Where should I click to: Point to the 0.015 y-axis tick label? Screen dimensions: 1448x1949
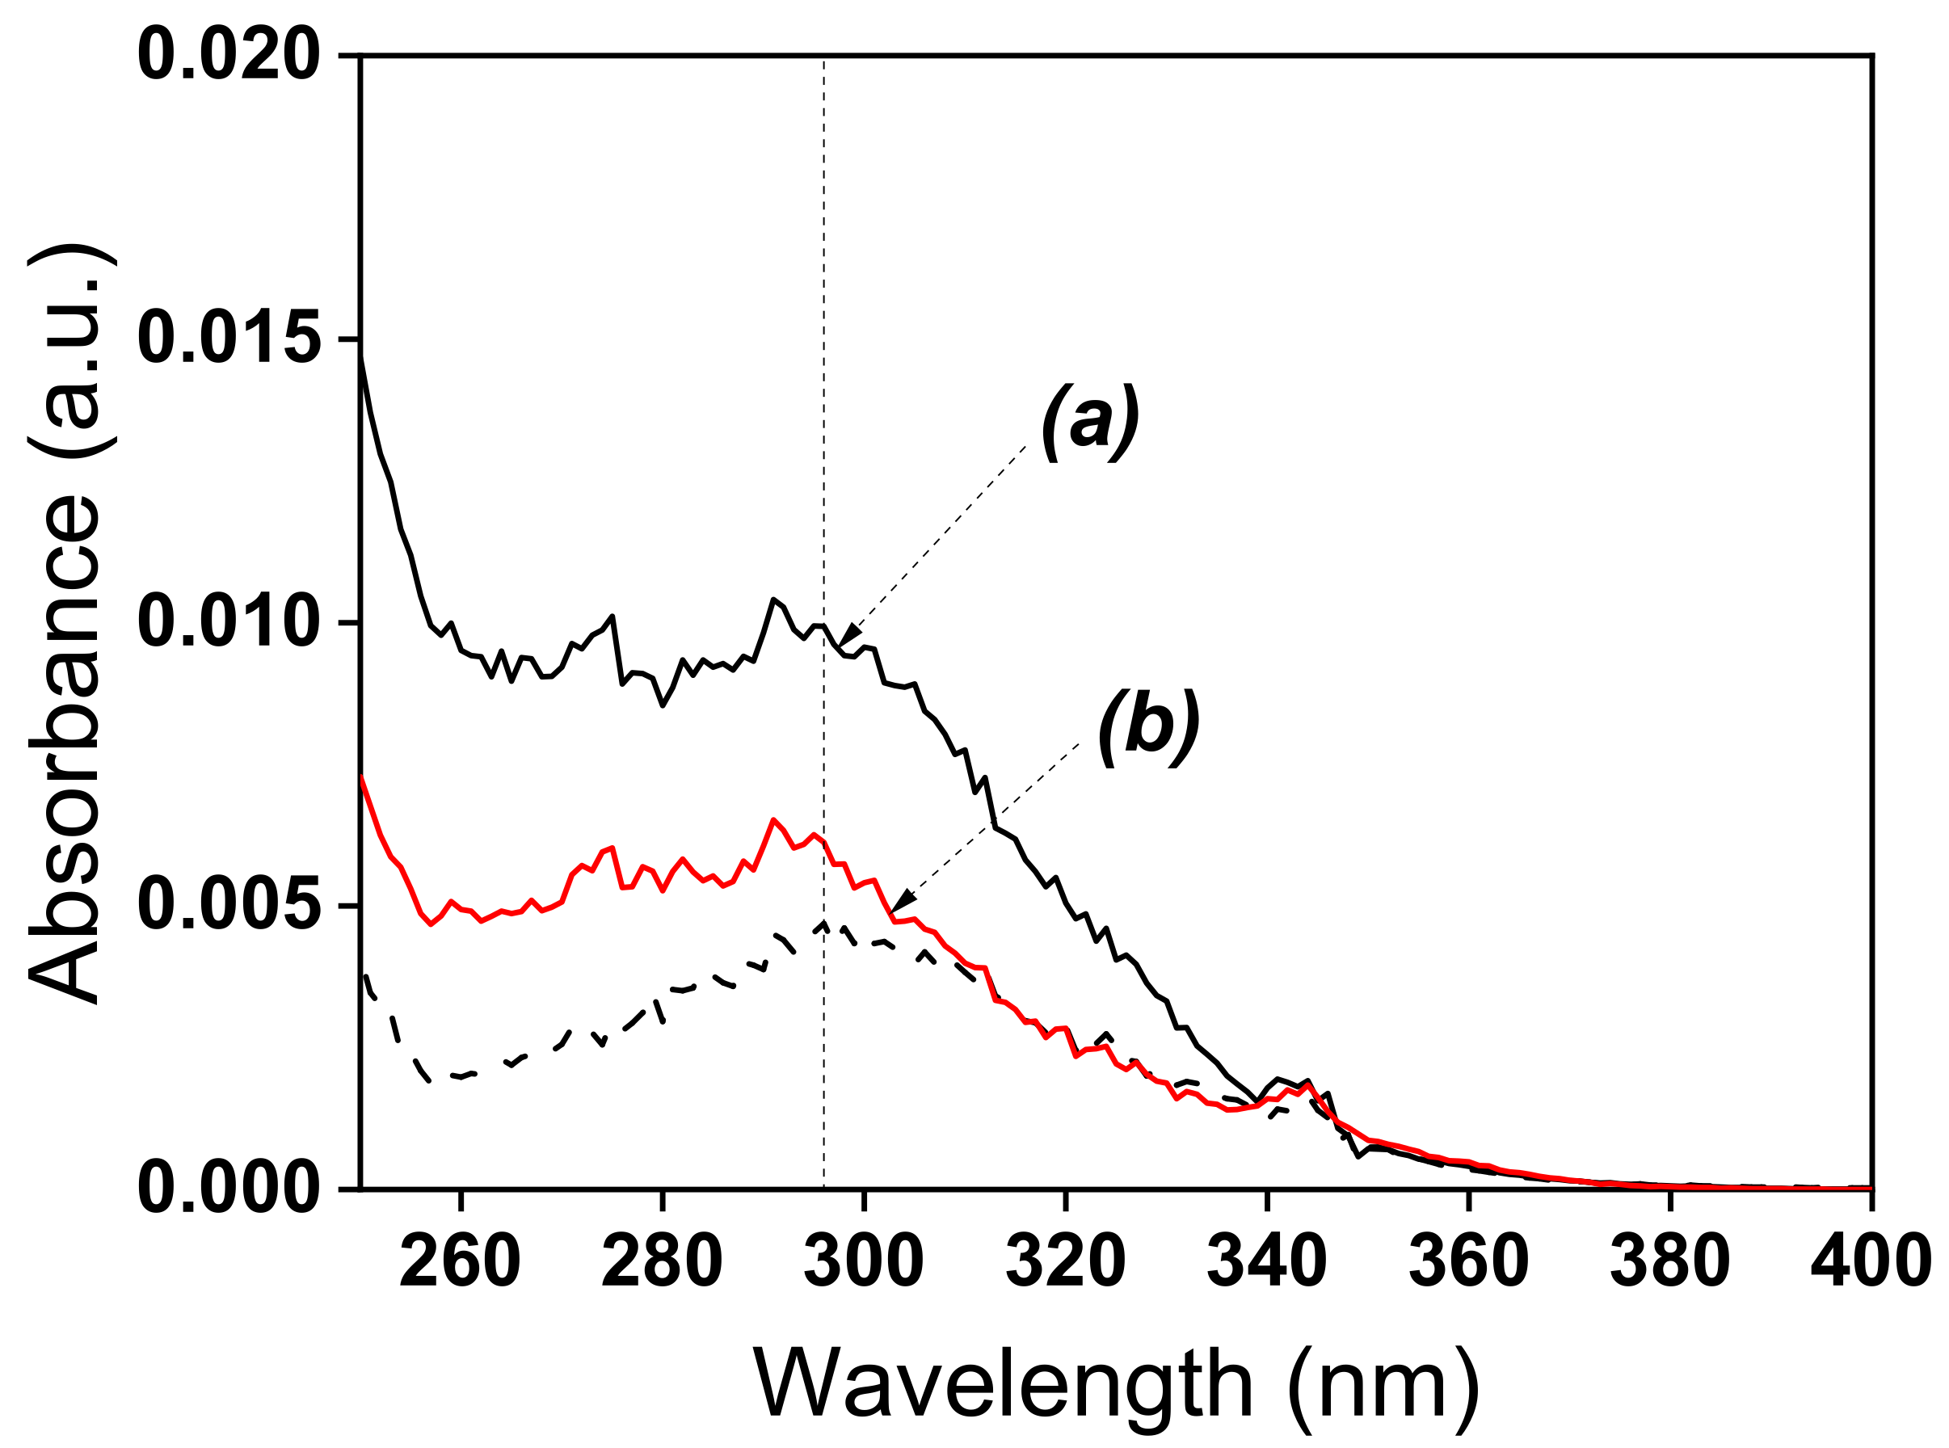[x=228, y=339]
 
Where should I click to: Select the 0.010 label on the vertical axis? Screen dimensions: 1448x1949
[x=228, y=622]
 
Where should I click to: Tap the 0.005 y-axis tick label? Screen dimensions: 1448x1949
[x=228, y=906]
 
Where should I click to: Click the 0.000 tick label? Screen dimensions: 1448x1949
[x=228, y=1189]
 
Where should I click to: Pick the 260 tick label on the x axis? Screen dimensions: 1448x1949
[x=460, y=1262]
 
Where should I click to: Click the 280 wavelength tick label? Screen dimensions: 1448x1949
[x=662, y=1262]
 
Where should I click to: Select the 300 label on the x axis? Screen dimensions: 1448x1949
[x=863, y=1262]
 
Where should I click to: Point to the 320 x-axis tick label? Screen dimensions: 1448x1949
[x=1065, y=1262]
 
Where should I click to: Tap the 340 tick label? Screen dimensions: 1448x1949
[x=1266, y=1262]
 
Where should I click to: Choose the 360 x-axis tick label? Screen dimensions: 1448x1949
[x=1468, y=1262]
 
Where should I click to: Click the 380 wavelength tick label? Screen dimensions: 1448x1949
[x=1669, y=1262]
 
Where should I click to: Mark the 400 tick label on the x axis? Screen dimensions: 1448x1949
[x=1870, y=1262]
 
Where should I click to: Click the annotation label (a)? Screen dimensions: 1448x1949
[x=1089, y=423]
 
